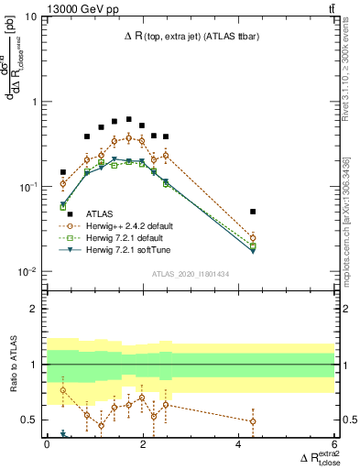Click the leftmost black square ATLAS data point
point(63,172)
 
